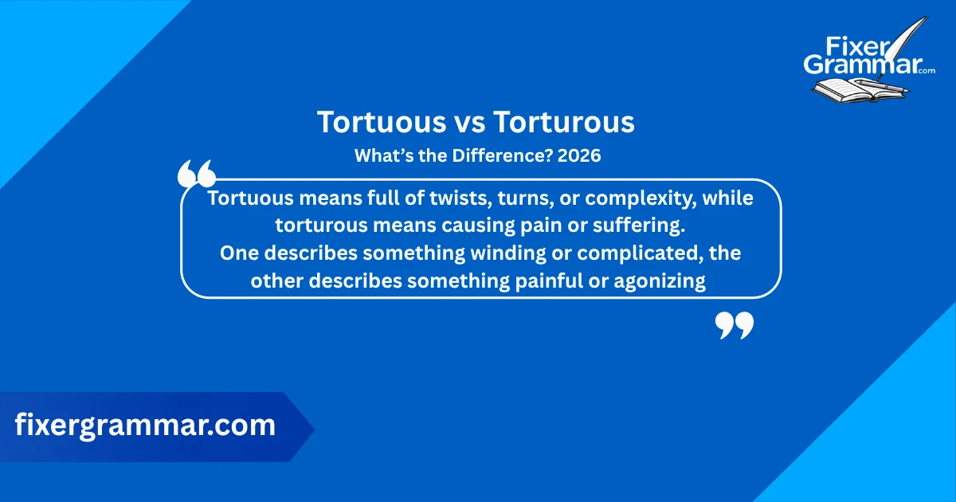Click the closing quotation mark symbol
point(734,324)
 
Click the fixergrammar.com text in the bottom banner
point(145,426)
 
